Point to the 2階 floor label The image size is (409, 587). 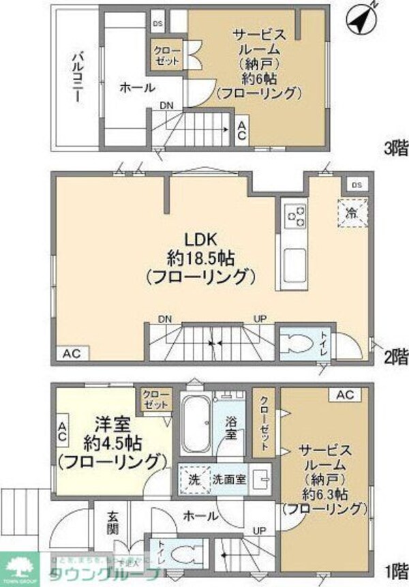pos(395,356)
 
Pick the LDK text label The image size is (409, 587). pos(200,239)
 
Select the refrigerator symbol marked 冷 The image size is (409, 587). pos(352,212)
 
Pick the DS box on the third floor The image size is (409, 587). pos(158,25)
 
